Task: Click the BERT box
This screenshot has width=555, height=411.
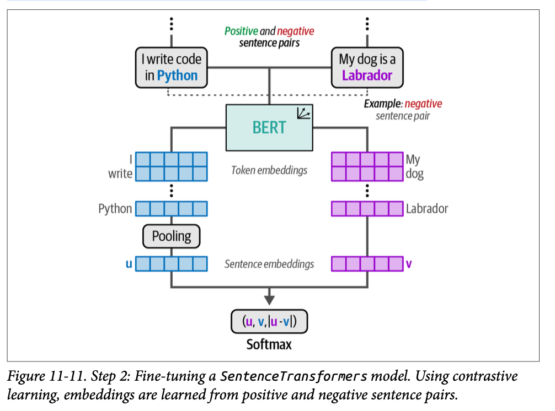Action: click(x=269, y=127)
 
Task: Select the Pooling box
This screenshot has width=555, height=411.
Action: click(x=172, y=236)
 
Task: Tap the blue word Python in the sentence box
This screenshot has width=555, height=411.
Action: click(x=177, y=75)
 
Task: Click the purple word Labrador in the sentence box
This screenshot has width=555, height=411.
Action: click(x=367, y=75)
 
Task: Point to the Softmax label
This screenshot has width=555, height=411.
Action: click(x=269, y=345)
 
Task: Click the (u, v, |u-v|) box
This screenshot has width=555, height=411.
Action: click(x=269, y=322)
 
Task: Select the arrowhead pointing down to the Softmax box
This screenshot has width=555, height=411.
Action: click(x=269, y=300)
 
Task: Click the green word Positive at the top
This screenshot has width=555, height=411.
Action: click(x=241, y=31)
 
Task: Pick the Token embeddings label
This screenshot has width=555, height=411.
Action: click(x=269, y=170)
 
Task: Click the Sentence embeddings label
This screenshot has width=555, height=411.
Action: click(x=269, y=264)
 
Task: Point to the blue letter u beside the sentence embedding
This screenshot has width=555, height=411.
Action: click(x=129, y=264)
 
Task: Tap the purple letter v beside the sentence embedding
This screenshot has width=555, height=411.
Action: click(x=409, y=264)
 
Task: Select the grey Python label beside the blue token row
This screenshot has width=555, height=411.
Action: click(x=115, y=209)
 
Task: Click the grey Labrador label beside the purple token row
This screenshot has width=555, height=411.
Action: click(x=427, y=209)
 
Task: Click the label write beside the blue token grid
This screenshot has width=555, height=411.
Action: click(x=120, y=174)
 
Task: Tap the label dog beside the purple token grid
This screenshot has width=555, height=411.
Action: click(x=414, y=174)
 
